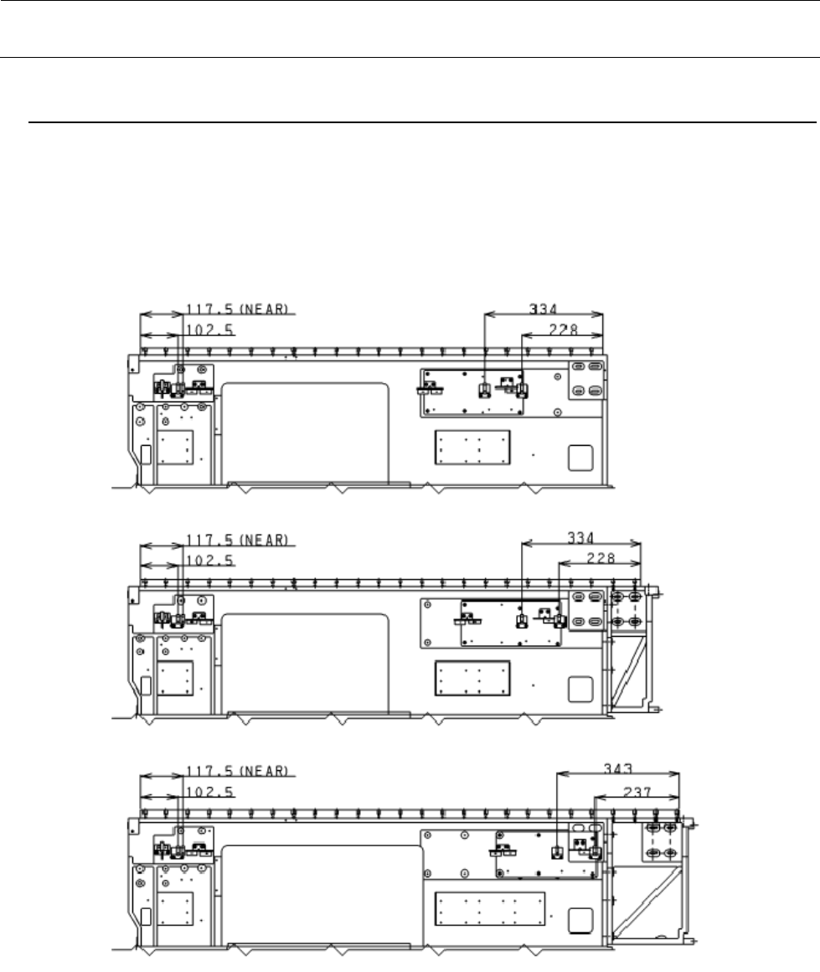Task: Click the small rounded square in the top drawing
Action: (580, 458)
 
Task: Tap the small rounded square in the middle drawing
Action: (580, 689)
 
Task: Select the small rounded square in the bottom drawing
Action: (580, 921)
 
